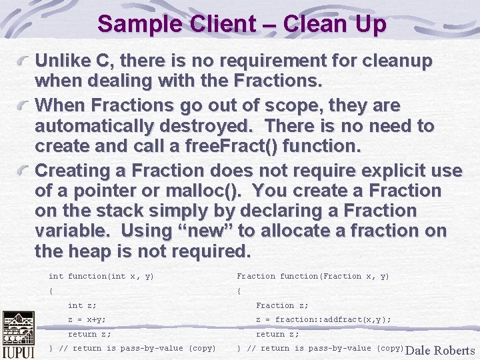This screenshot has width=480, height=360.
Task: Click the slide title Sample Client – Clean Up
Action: (241, 25)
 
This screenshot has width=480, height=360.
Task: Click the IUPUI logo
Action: (18, 335)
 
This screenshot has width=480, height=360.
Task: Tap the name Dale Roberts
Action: (440, 350)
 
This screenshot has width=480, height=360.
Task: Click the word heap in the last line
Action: (83, 252)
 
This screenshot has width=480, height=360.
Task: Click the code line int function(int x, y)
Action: (101, 276)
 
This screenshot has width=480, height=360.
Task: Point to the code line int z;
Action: (82, 305)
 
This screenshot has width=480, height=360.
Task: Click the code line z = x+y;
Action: (87, 319)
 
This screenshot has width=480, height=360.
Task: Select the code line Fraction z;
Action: (282, 305)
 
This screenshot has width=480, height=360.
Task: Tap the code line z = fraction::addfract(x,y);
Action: (323, 319)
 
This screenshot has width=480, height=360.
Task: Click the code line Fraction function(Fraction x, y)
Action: (313, 276)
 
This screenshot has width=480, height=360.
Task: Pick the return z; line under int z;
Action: (89, 334)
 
